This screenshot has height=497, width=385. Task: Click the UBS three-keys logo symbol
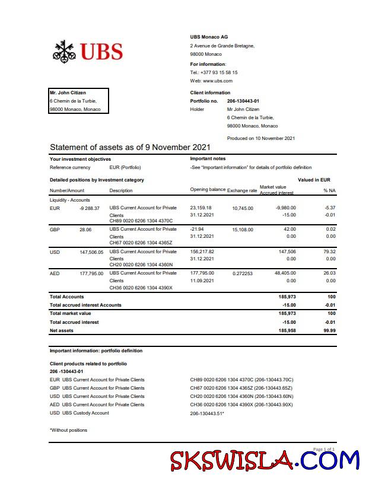pyautogui.click(x=64, y=52)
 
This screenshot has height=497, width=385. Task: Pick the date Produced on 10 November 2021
pyautogui.click(x=260, y=138)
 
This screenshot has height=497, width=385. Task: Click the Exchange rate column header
pyautogui.click(x=241, y=190)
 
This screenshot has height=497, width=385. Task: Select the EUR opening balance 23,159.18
pyautogui.click(x=201, y=208)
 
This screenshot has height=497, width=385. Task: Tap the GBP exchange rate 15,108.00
pyautogui.click(x=242, y=230)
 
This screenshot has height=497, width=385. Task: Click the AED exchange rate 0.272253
pyautogui.click(x=243, y=273)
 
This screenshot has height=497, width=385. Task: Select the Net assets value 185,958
pyautogui.click(x=287, y=330)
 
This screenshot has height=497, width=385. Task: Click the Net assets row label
pyautogui.click(x=62, y=330)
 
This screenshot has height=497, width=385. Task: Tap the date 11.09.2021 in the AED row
pyautogui.click(x=202, y=281)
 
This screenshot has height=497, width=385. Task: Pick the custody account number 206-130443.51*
pyautogui.click(x=207, y=413)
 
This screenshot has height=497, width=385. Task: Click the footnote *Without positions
pyautogui.click(x=68, y=430)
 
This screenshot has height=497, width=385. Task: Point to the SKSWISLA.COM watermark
pyautogui.click(x=265, y=461)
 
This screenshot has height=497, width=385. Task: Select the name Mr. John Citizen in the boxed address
pyautogui.click(x=68, y=93)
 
